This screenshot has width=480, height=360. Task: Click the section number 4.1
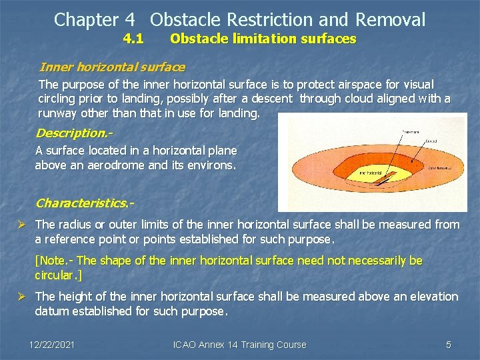(x=134, y=39)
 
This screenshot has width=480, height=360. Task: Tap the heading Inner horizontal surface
(x=112, y=67)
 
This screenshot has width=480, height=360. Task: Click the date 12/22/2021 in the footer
(x=52, y=345)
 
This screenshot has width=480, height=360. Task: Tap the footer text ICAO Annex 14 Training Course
(x=239, y=345)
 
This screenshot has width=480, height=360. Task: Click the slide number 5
(x=448, y=345)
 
